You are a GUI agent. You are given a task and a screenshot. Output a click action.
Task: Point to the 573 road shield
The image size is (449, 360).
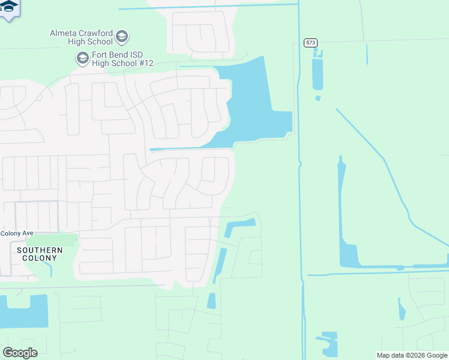tap(310, 43)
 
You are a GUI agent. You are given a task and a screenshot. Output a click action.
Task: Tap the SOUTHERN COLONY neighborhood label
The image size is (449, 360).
tap(40, 254)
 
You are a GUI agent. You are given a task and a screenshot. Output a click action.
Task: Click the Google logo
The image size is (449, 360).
tap(20, 352)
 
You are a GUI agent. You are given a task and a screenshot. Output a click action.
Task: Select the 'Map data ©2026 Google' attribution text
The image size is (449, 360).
tap(412, 355)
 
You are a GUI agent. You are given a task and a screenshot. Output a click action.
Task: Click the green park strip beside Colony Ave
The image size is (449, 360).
tap(60, 241)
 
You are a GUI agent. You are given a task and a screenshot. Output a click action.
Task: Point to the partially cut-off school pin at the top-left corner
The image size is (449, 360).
tap(9, 9)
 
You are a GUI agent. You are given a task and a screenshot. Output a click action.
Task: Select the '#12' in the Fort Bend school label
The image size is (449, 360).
tap(145, 63)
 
